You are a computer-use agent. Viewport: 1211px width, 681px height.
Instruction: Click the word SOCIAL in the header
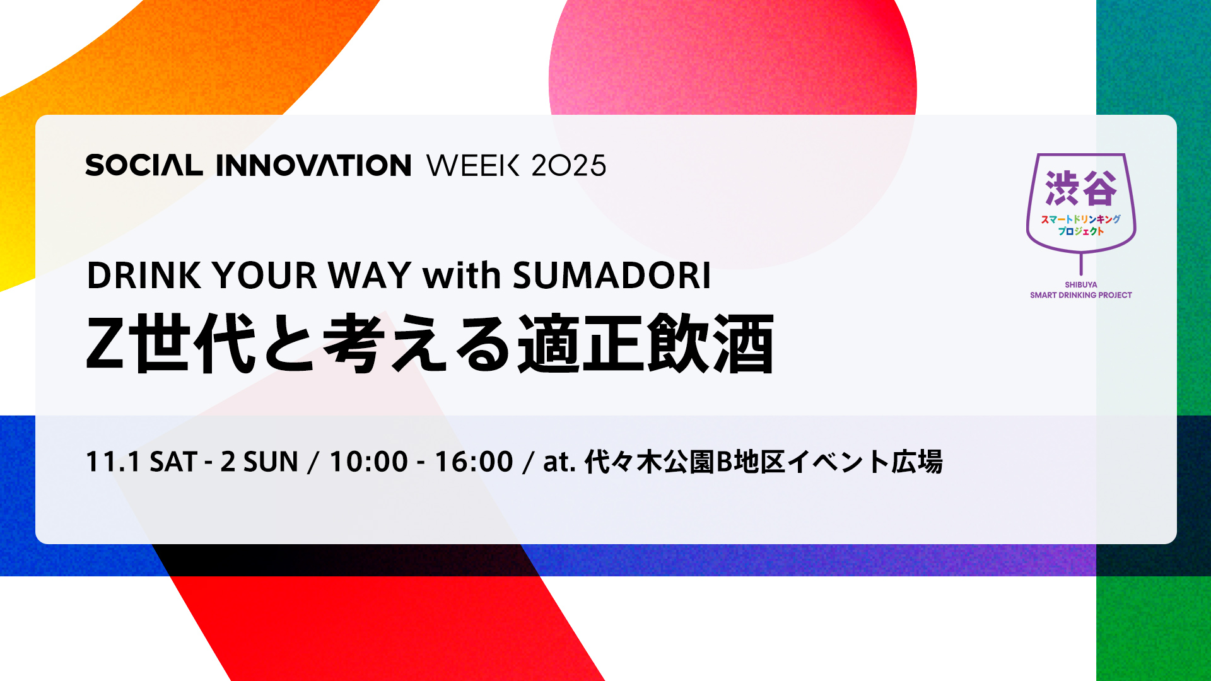pos(144,165)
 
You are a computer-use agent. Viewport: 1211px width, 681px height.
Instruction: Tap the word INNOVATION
pos(313,165)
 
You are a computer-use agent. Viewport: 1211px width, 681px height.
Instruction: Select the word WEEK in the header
pos(473,165)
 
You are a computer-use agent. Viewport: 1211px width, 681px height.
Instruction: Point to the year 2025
pos(569,165)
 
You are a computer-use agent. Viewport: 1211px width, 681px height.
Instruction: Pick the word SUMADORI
pos(612,276)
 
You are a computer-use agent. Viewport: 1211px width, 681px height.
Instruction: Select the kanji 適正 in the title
pos(581,344)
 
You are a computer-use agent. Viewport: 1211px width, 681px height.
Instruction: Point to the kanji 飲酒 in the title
pos(710,344)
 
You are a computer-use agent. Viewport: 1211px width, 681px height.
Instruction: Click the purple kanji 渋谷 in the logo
pos(1081,188)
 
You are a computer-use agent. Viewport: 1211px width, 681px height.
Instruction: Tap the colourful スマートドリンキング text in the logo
pos(1081,219)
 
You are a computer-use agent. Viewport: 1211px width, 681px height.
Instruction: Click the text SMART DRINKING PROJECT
pos(1081,295)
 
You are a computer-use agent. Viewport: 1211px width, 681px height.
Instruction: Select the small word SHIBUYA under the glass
pos(1081,285)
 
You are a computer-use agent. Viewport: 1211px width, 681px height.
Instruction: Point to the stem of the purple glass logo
pos(1081,264)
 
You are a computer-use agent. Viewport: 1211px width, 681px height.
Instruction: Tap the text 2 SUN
pos(259,462)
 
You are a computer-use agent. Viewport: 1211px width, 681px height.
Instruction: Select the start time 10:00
pos(369,462)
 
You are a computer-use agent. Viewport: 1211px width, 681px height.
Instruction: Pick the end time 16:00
pos(474,462)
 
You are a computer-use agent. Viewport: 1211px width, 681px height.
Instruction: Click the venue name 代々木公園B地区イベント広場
pos(764,462)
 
